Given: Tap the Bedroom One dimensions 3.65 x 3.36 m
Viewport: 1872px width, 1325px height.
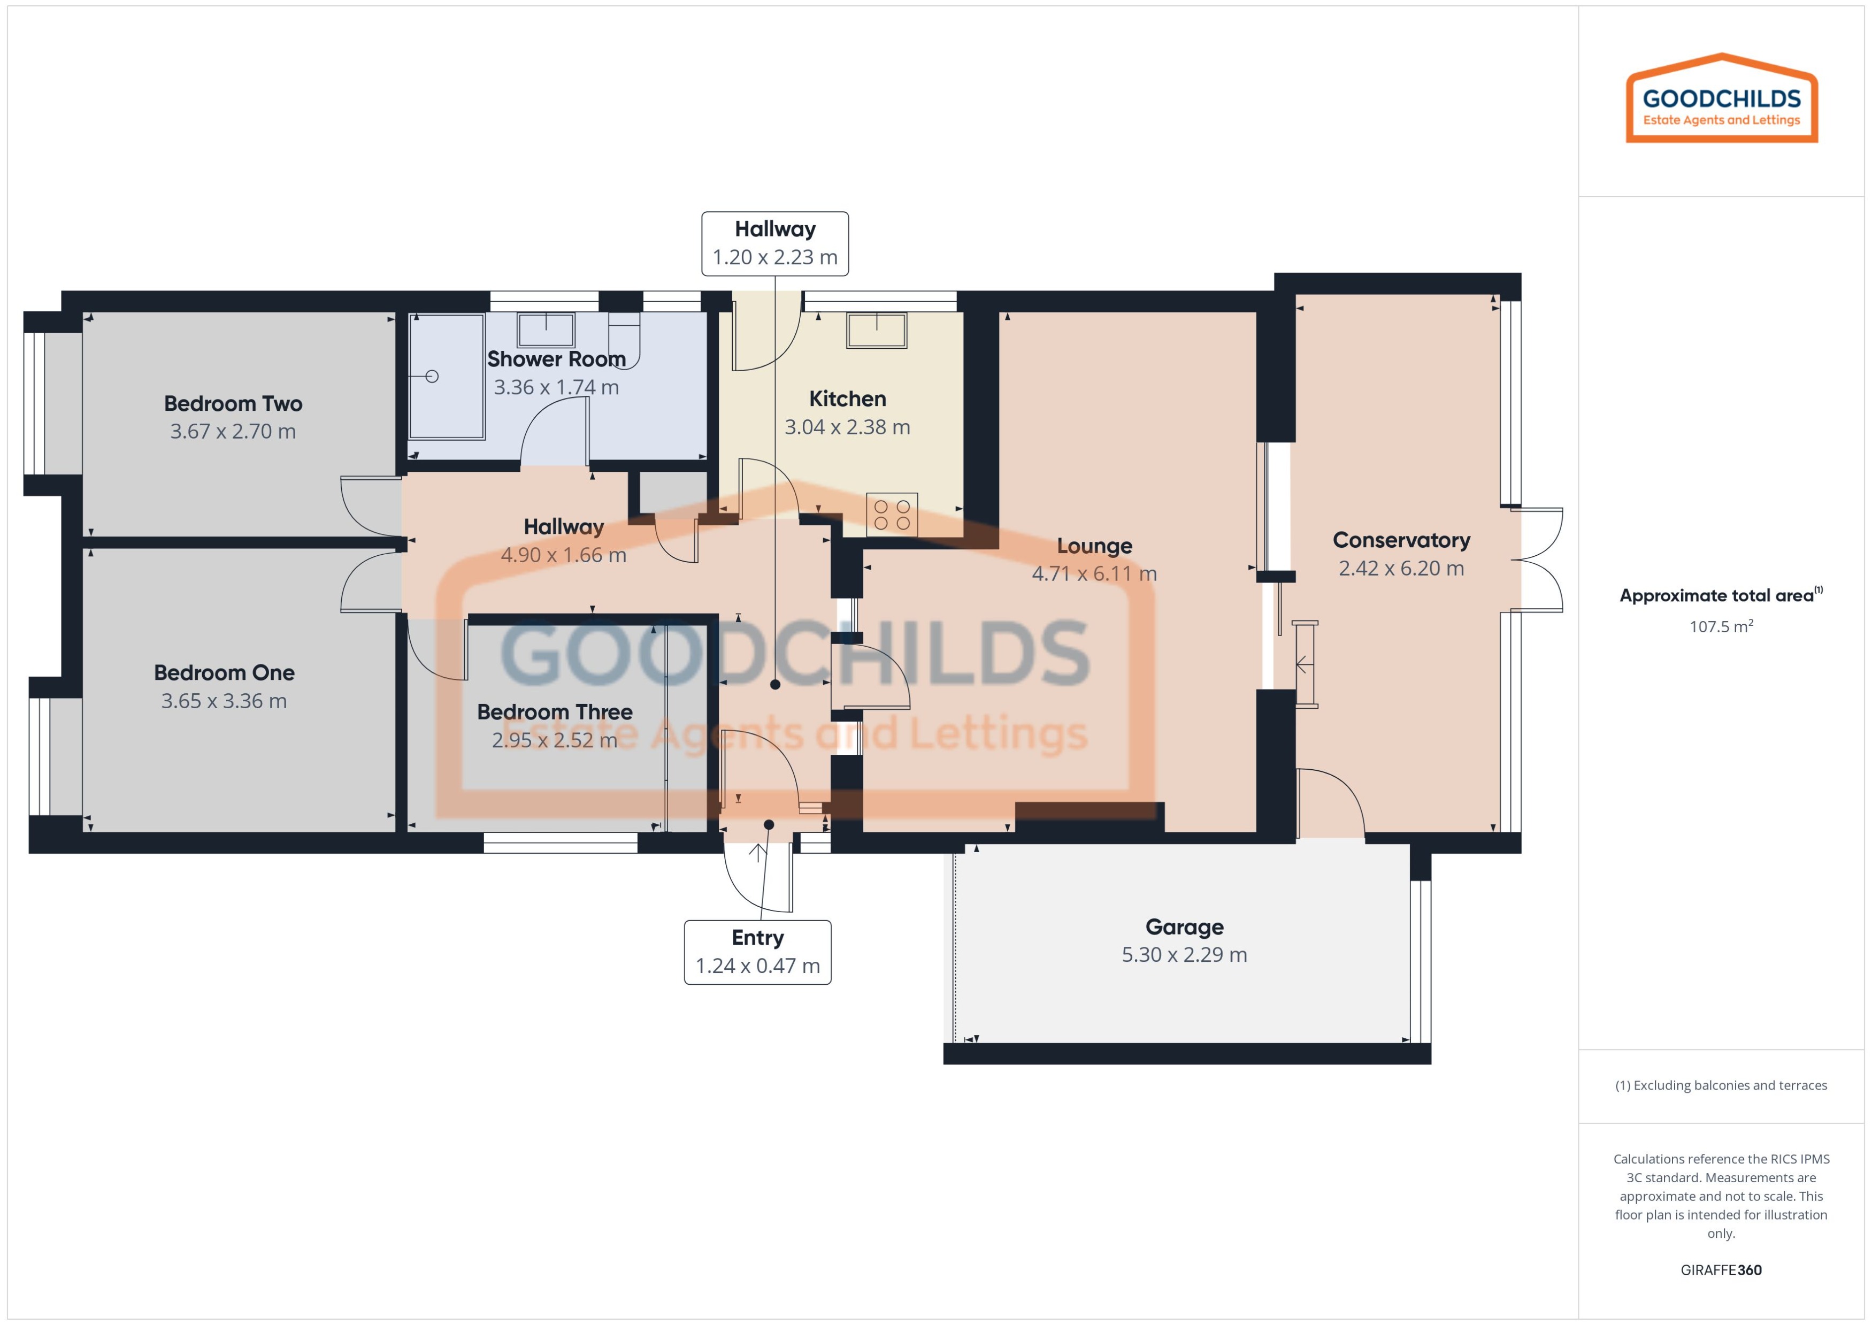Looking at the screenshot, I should tap(224, 701).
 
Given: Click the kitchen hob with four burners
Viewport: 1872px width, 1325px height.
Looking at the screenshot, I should tap(892, 515).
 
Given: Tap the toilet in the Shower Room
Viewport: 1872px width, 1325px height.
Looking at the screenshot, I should tap(624, 343).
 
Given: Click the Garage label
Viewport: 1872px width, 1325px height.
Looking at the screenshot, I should tap(1184, 927).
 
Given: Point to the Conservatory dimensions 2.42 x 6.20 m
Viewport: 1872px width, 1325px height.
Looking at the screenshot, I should tap(1401, 568).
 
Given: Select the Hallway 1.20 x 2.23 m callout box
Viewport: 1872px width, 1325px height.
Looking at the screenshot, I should tap(775, 243).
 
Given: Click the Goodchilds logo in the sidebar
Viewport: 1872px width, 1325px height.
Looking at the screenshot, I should tap(1721, 99).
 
